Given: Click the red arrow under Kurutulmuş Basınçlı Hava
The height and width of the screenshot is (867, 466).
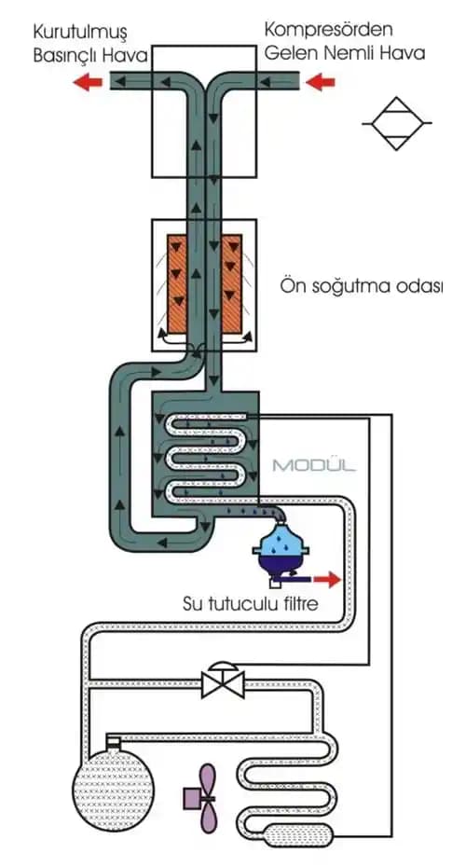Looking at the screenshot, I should coord(89,82).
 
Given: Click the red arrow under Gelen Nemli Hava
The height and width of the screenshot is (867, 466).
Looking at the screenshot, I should coord(321,82).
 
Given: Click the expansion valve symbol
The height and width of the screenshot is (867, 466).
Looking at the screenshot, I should coord(223,681).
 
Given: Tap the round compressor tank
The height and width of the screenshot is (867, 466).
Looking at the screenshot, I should coord(114,778).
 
